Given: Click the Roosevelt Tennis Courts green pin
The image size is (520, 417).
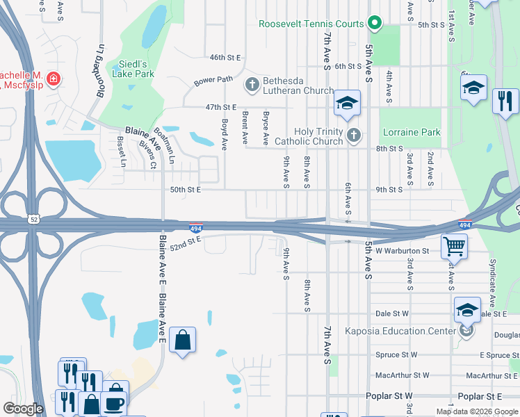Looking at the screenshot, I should coord(375,24).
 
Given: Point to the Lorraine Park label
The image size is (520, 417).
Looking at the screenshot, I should coord(411,131).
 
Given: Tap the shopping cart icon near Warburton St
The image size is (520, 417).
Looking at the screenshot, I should coord(454,245).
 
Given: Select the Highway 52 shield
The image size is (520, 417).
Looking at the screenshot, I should coord(34,220).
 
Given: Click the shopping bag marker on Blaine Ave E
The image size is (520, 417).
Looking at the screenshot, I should coord(182,341).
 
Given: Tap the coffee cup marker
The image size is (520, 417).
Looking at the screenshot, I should coord(115,402).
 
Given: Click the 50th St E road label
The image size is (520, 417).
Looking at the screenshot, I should coord(186,189).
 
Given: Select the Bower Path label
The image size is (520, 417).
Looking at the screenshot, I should coord(213,79).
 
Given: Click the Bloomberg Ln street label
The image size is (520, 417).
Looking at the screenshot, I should coord(101,63).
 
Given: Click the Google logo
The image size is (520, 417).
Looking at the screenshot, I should coord(24,409).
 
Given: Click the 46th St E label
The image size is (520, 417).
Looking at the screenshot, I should coord(225,57).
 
